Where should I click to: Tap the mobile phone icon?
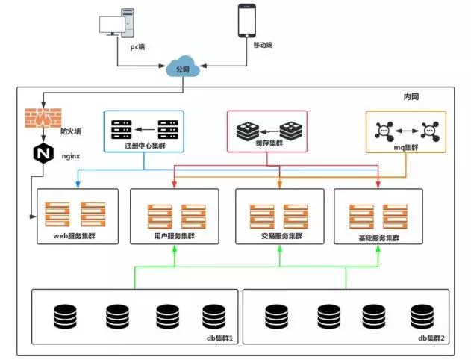[x=248, y=21]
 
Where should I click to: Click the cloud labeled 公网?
[x=183, y=69]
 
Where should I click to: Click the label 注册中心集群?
[x=146, y=146]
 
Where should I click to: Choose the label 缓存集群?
[x=268, y=142]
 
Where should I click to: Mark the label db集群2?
[x=431, y=338]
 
